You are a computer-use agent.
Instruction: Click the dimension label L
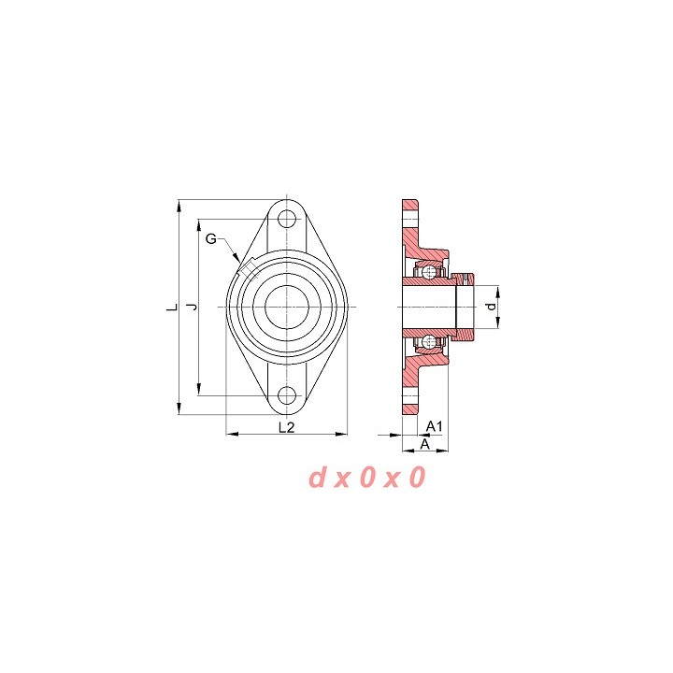[173, 308]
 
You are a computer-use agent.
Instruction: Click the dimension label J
[193, 307]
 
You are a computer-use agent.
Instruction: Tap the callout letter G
[211, 238]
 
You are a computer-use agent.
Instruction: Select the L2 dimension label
[286, 427]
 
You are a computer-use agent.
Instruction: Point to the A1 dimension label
[434, 426]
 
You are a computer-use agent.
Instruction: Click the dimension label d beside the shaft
[492, 307]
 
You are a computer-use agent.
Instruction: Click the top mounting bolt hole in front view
[287, 219]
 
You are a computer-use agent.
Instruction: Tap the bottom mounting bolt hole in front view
[287, 395]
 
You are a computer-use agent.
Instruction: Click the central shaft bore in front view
[287, 307]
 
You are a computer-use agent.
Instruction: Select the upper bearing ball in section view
[429, 271]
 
